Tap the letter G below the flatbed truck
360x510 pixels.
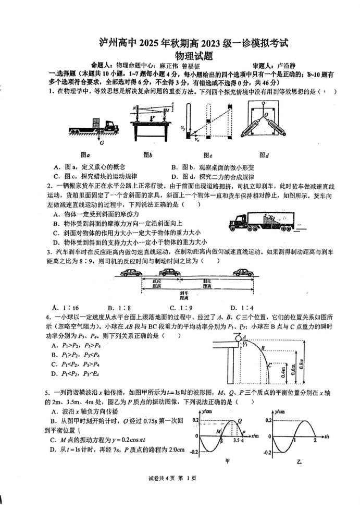coord(102,142)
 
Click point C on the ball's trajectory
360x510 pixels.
coord(270,366)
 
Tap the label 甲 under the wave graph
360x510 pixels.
coord(227,462)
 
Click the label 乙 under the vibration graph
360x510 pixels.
coord(299,462)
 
